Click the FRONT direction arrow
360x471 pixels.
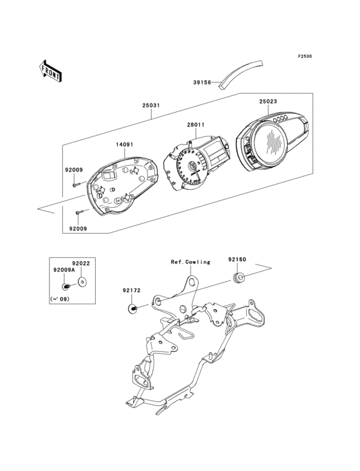50,71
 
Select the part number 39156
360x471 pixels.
202,82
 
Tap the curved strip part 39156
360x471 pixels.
242,75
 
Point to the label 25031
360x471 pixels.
151,106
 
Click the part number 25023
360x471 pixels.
268,102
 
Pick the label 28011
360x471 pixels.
196,124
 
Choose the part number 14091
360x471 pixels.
125,145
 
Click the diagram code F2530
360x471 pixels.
305,56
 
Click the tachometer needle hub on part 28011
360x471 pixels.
192,165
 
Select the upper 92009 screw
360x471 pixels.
76,185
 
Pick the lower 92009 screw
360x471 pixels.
79,212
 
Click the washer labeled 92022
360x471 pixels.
82,282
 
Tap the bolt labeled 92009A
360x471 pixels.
66,287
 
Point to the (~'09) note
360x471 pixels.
60,299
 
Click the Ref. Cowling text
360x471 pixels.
190,262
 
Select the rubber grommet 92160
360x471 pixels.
238,278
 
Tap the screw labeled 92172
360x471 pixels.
132,308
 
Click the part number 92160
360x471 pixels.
237,259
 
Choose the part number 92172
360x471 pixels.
131,290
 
